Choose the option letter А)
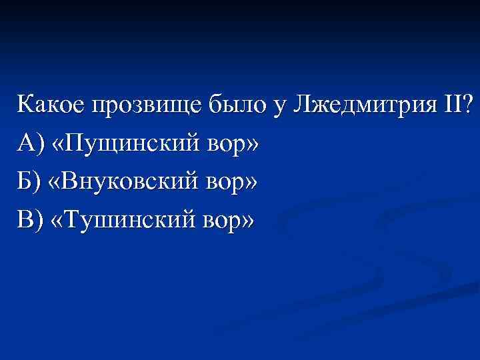31,143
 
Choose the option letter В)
31,217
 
